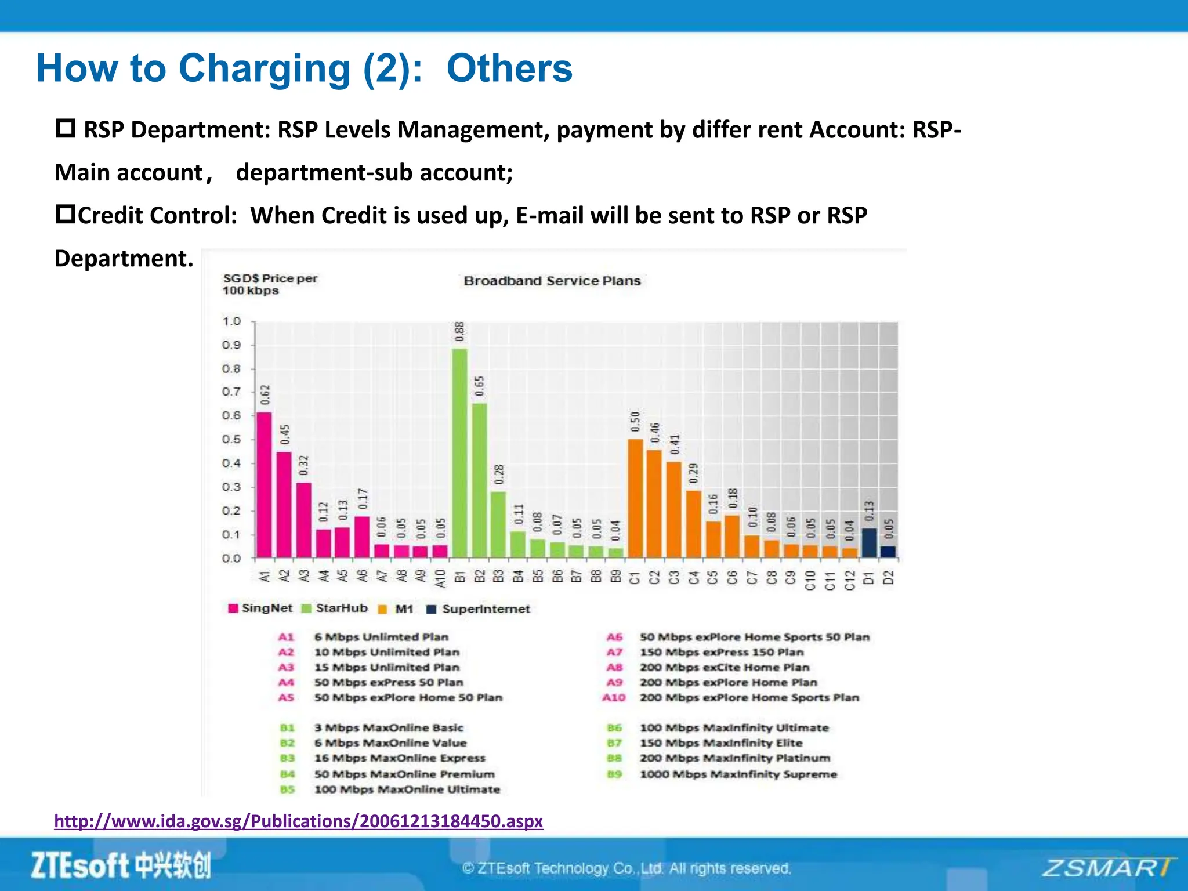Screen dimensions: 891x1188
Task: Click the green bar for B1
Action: [460, 452]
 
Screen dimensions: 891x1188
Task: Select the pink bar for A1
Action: [264, 485]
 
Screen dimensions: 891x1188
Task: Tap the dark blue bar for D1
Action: [869, 542]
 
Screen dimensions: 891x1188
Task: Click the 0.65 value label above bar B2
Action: [480, 386]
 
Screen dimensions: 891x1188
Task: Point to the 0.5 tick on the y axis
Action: [231, 439]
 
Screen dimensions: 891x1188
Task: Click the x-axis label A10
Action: [440, 578]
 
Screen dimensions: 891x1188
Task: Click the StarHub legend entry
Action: [335, 608]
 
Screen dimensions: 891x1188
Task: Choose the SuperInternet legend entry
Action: [479, 609]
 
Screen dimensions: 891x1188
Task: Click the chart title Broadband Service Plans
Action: [552, 281]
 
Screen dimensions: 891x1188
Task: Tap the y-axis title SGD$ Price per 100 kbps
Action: [270, 284]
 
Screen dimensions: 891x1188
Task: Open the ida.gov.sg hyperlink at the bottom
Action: [299, 821]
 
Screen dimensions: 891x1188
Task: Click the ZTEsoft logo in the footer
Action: [121, 865]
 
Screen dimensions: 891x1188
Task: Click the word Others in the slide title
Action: [509, 68]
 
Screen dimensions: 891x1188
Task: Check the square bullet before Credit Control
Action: [66, 214]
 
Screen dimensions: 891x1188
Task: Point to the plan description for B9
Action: [738, 774]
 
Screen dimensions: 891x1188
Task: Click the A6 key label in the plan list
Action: [614, 637]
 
